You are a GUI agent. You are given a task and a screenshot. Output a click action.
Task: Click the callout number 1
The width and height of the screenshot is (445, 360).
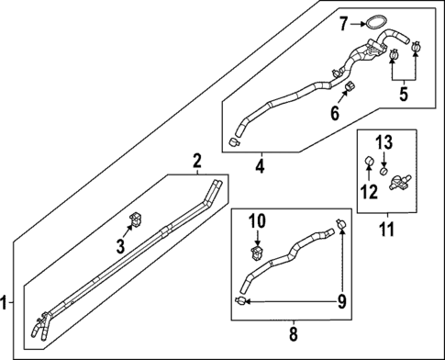click(6, 302)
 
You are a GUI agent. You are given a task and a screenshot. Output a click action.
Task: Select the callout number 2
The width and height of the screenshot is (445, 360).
click(195, 163)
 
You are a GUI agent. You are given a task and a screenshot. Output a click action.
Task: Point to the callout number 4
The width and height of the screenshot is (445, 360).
click(261, 167)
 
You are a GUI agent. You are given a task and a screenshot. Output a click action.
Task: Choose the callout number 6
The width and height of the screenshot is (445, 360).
click(335, 114)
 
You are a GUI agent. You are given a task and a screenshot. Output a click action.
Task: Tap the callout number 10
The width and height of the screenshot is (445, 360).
click(256, 220)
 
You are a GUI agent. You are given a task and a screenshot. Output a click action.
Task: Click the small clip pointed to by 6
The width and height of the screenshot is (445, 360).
click(350, 89)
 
